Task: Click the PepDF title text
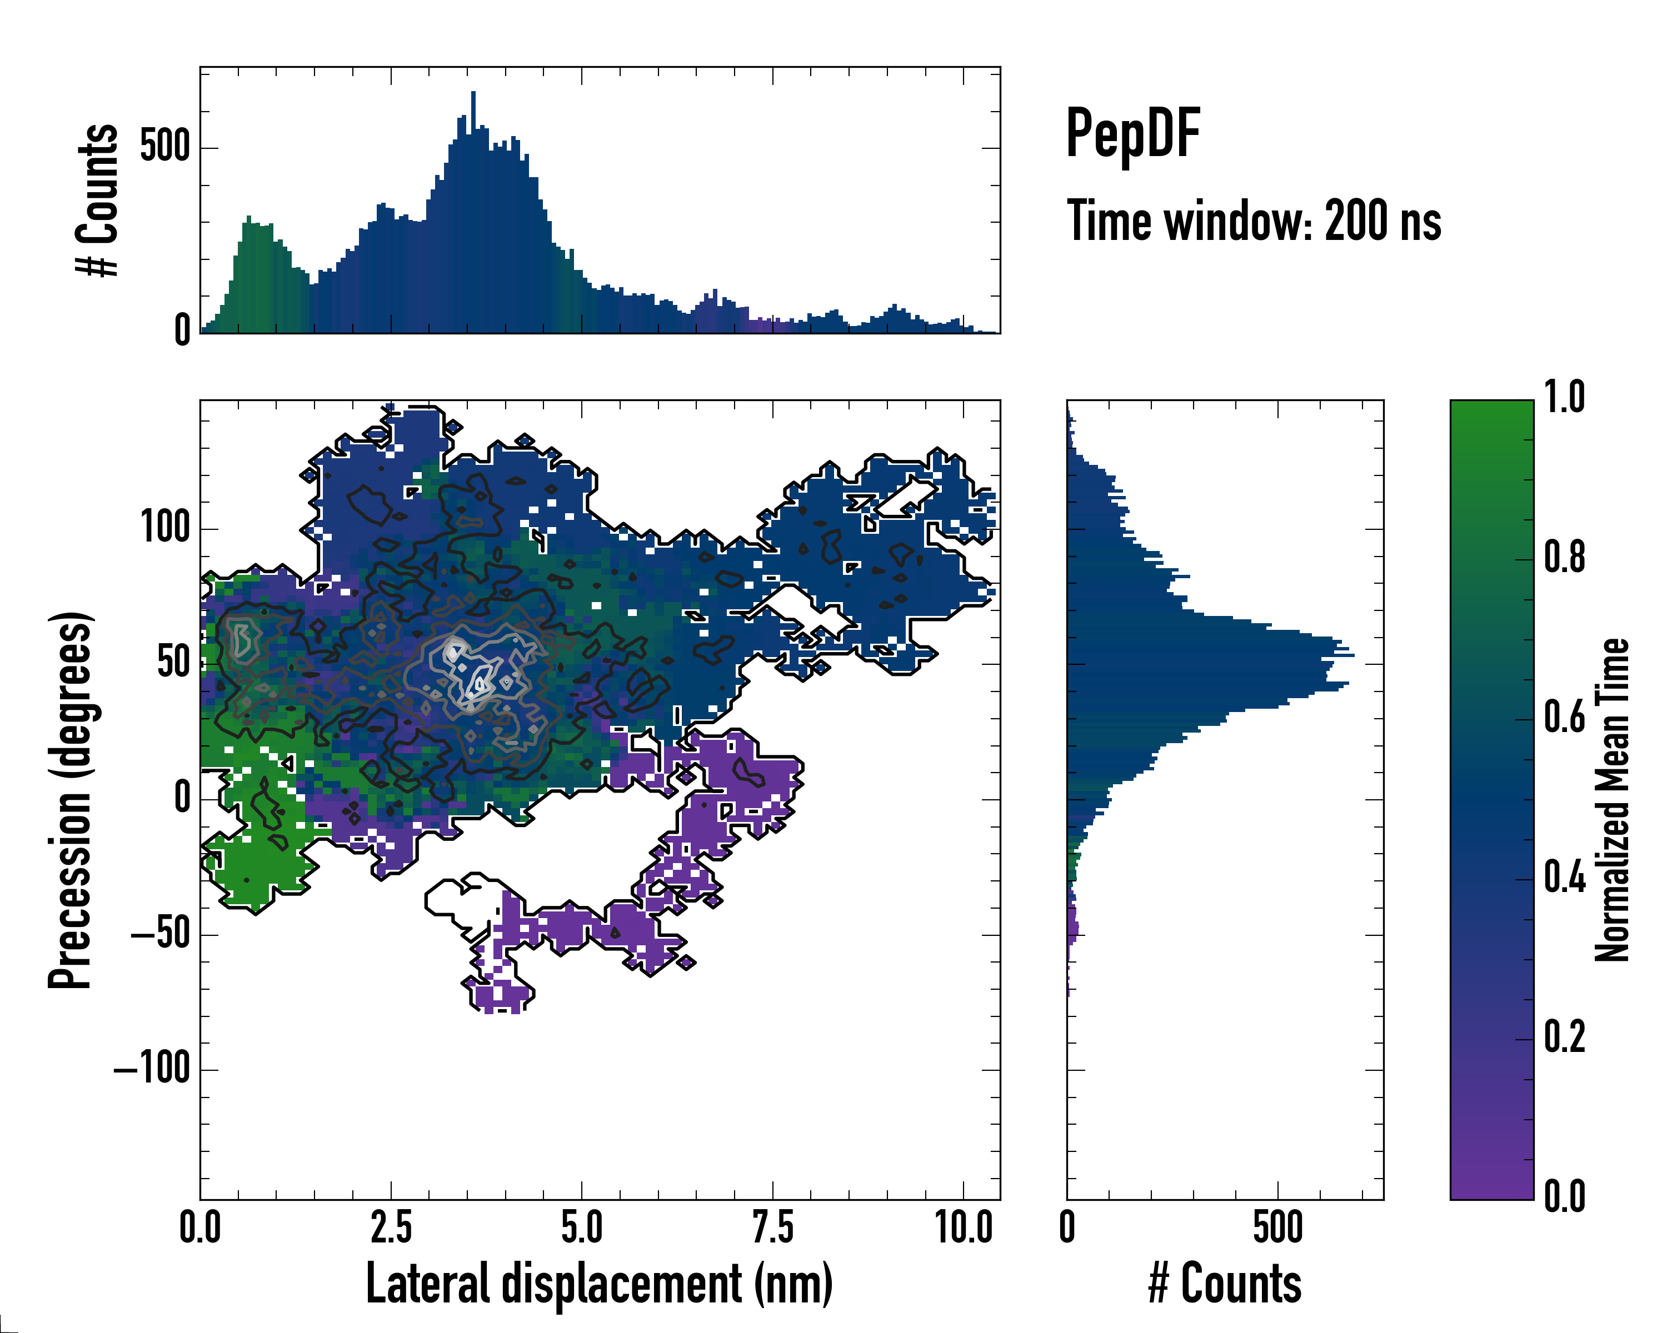(1132, 134)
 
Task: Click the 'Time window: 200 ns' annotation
(1254, 221)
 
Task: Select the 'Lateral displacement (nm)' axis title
(599, 1284)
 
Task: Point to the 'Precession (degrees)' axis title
(71, 800)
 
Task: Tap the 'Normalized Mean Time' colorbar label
(1612, 800)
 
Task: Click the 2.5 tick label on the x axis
(391, 1228)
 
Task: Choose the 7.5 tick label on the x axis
(772, 1228)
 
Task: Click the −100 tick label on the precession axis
(152, 1070)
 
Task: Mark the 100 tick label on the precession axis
(166, 529)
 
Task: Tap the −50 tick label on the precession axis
(161, 934)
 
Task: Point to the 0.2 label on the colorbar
(1564, 1037)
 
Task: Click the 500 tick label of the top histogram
(166, 147)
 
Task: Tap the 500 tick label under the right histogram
(1277, 1228)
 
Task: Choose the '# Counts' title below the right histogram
(1225, 1284)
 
